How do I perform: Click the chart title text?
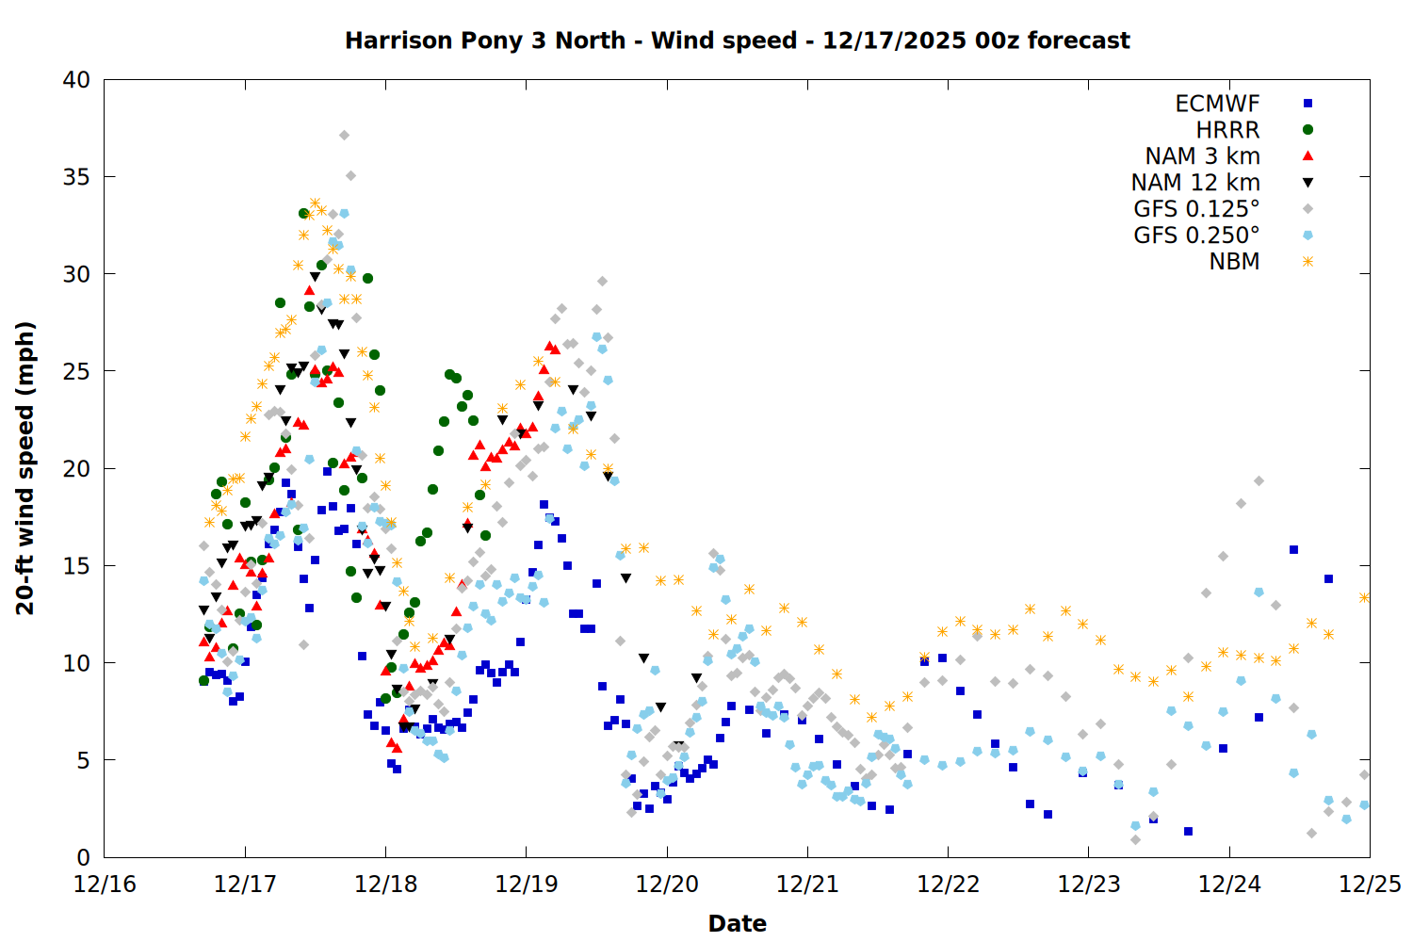pyautogui.click(x=737, y=41)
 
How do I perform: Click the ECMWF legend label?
pyautogui.click(x=1217, y=104)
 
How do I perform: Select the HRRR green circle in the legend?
pyautogui.click(x=1307, y=130)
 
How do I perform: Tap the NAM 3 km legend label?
pyautogui.click(x=1202, y=156)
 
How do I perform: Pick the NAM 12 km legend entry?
pyautogui.click(x=1195, y=183)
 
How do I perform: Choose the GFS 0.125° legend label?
pyautogui.click(x=1196, y=209)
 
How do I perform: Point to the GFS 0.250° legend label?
pyautogui.click(x=1196, y=235)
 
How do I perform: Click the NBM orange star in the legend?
pyautogui.click(x=1307, y=262)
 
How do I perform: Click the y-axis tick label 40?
pyautogui.click(x=76, y=80)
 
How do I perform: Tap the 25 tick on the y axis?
pyautogui.click(x=76, y=371)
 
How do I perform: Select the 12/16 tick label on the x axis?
pyautogui.click(x=105, y=885)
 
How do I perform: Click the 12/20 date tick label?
pyautogui.click(x=667, y=885)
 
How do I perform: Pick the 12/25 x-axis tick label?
pyautogui.click(x=1370, y=885)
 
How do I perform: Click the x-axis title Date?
pyautogui.click(x=737, y=923)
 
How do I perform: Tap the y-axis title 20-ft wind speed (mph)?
pyautogui.click(x=25, y=468)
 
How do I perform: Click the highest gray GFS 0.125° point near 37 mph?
pyautogui.click(x=344, y=136)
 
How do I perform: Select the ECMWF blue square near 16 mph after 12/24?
pyautogui.click(x=1293, y=549)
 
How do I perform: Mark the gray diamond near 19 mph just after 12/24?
pyautogui.click(x=1259, y=481)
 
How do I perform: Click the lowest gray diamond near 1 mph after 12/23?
pyautogui.click(x=1135, y=839)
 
